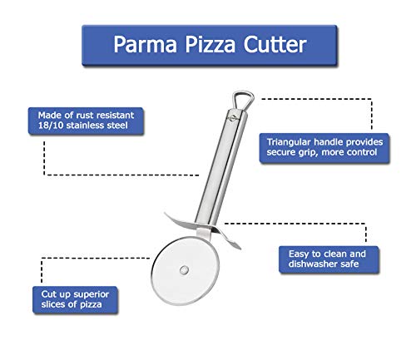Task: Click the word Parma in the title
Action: coord(145,44)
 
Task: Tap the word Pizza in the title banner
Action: coord(210,45)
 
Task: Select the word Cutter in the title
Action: coord(275,44)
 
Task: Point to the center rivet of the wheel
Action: coord(184,269)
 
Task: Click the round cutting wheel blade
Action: coord(186,270)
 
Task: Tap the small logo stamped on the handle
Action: coord(231,117)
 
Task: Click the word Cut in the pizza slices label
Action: coord(48,293)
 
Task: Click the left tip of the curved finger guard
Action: coord(165,213)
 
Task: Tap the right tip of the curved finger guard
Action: coord(240,248)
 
